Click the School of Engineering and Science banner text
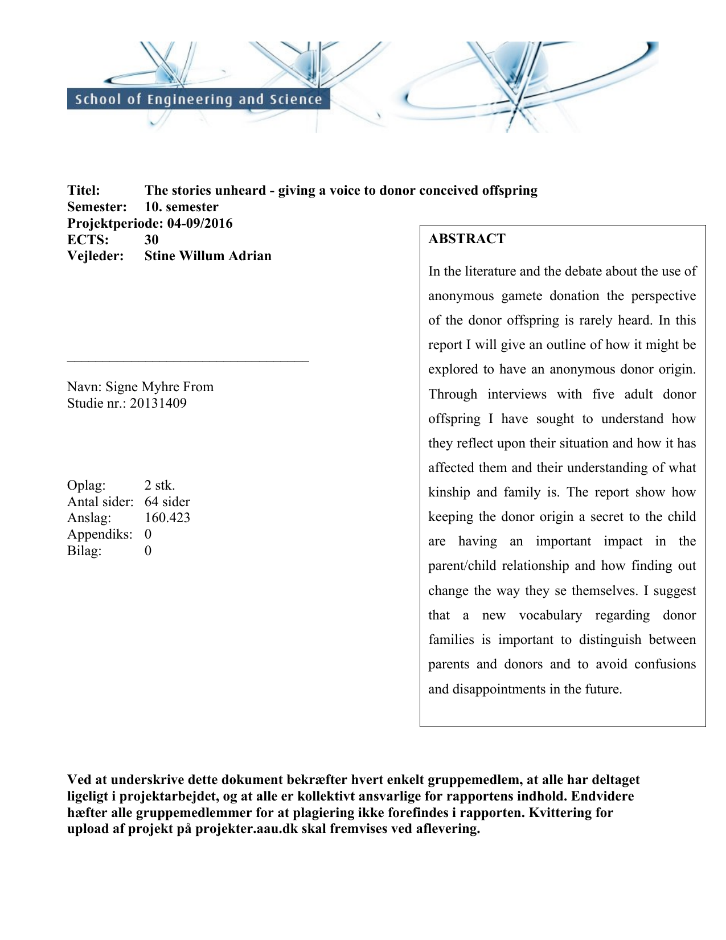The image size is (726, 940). (198, 100)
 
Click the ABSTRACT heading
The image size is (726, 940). (467, 239)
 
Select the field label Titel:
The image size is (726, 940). (84, 190)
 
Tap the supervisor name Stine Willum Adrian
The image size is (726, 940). (208, 256)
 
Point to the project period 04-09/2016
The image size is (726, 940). (200, 223)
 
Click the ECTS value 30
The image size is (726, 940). (151, 240)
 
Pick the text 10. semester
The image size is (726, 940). (181, 207)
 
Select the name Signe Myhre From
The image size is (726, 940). (159, 387)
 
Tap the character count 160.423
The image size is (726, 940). (167, 518)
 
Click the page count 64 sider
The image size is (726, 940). (167, 502)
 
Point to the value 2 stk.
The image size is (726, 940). (159, 485)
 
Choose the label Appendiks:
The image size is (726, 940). (100, 534)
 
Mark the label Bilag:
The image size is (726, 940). (84, 551)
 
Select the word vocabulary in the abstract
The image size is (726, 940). (550, 615)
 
